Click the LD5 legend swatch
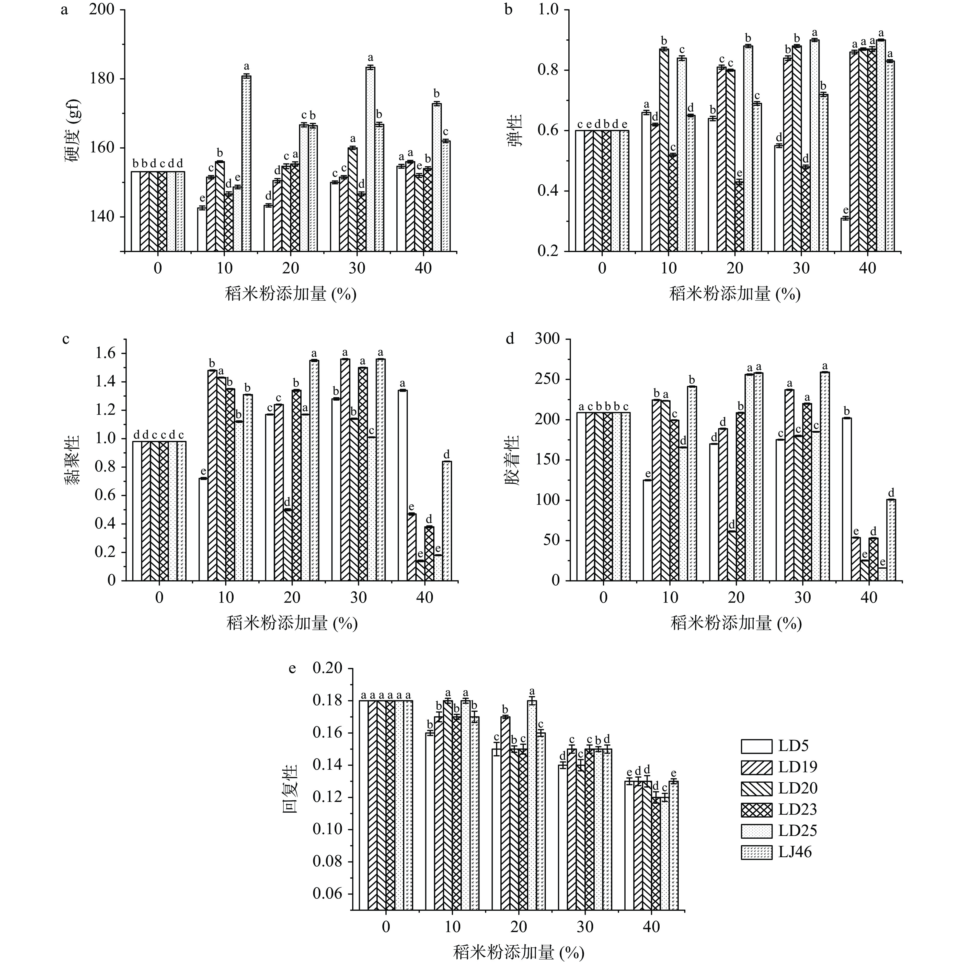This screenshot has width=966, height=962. click(x=756, y=760)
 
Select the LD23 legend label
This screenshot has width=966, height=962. click(x=798, y=809)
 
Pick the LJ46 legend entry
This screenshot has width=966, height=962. click(x=795, y=852)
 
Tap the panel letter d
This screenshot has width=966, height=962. click(x=510, y=339)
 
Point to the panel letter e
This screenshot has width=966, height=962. click(x=293, y=668)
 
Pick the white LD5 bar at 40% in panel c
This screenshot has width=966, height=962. click(x=402, y=485)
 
